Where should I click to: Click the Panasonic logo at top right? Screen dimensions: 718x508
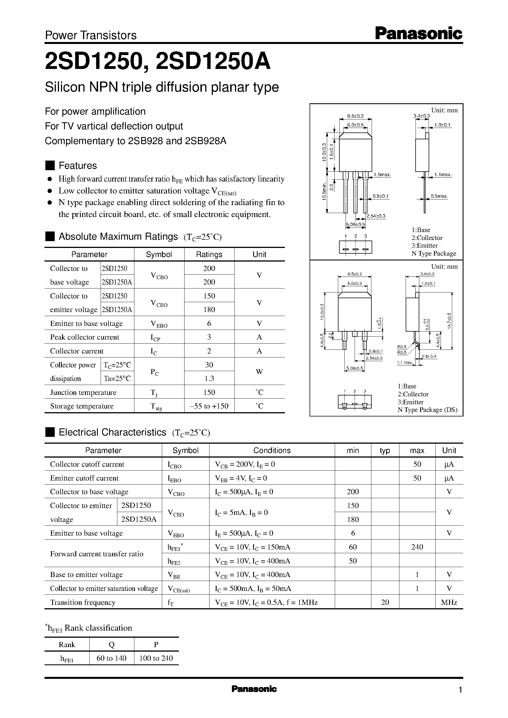pyautogui.click(x=418, y=33)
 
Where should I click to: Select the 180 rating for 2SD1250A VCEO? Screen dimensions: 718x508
pyautogui.click(x=209, y=309)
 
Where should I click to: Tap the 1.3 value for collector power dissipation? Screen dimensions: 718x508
pyautogui.click(x=209, y=378)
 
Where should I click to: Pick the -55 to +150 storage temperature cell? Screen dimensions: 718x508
pyautogui.click(x=209, y=406)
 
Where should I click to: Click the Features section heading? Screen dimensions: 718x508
pyautogui.click(x=78, y=165)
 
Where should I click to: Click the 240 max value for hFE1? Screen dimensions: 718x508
pyautogui.click(x=417, y=547)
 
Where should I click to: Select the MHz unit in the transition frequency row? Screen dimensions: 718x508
pyautogui.click(x=449, y=602)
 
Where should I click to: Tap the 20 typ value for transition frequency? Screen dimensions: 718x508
pyautogui.click(x=385, y=602)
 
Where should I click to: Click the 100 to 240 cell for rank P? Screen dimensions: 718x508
pyautogui.click(x=156, y=658)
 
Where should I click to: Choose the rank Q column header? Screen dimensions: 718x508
pyautogui.click(x=111, y=645)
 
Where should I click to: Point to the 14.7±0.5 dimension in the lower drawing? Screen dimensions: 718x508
pyautogui.click(x=450, y=321)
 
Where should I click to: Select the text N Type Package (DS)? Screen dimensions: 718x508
pyautogui.click(x=427, y=410)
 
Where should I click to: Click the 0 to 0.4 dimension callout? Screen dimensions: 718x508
pyautogui.click(x=429, y=356)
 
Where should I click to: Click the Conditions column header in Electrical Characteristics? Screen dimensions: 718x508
pyautogui.click(x=272, y=450)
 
